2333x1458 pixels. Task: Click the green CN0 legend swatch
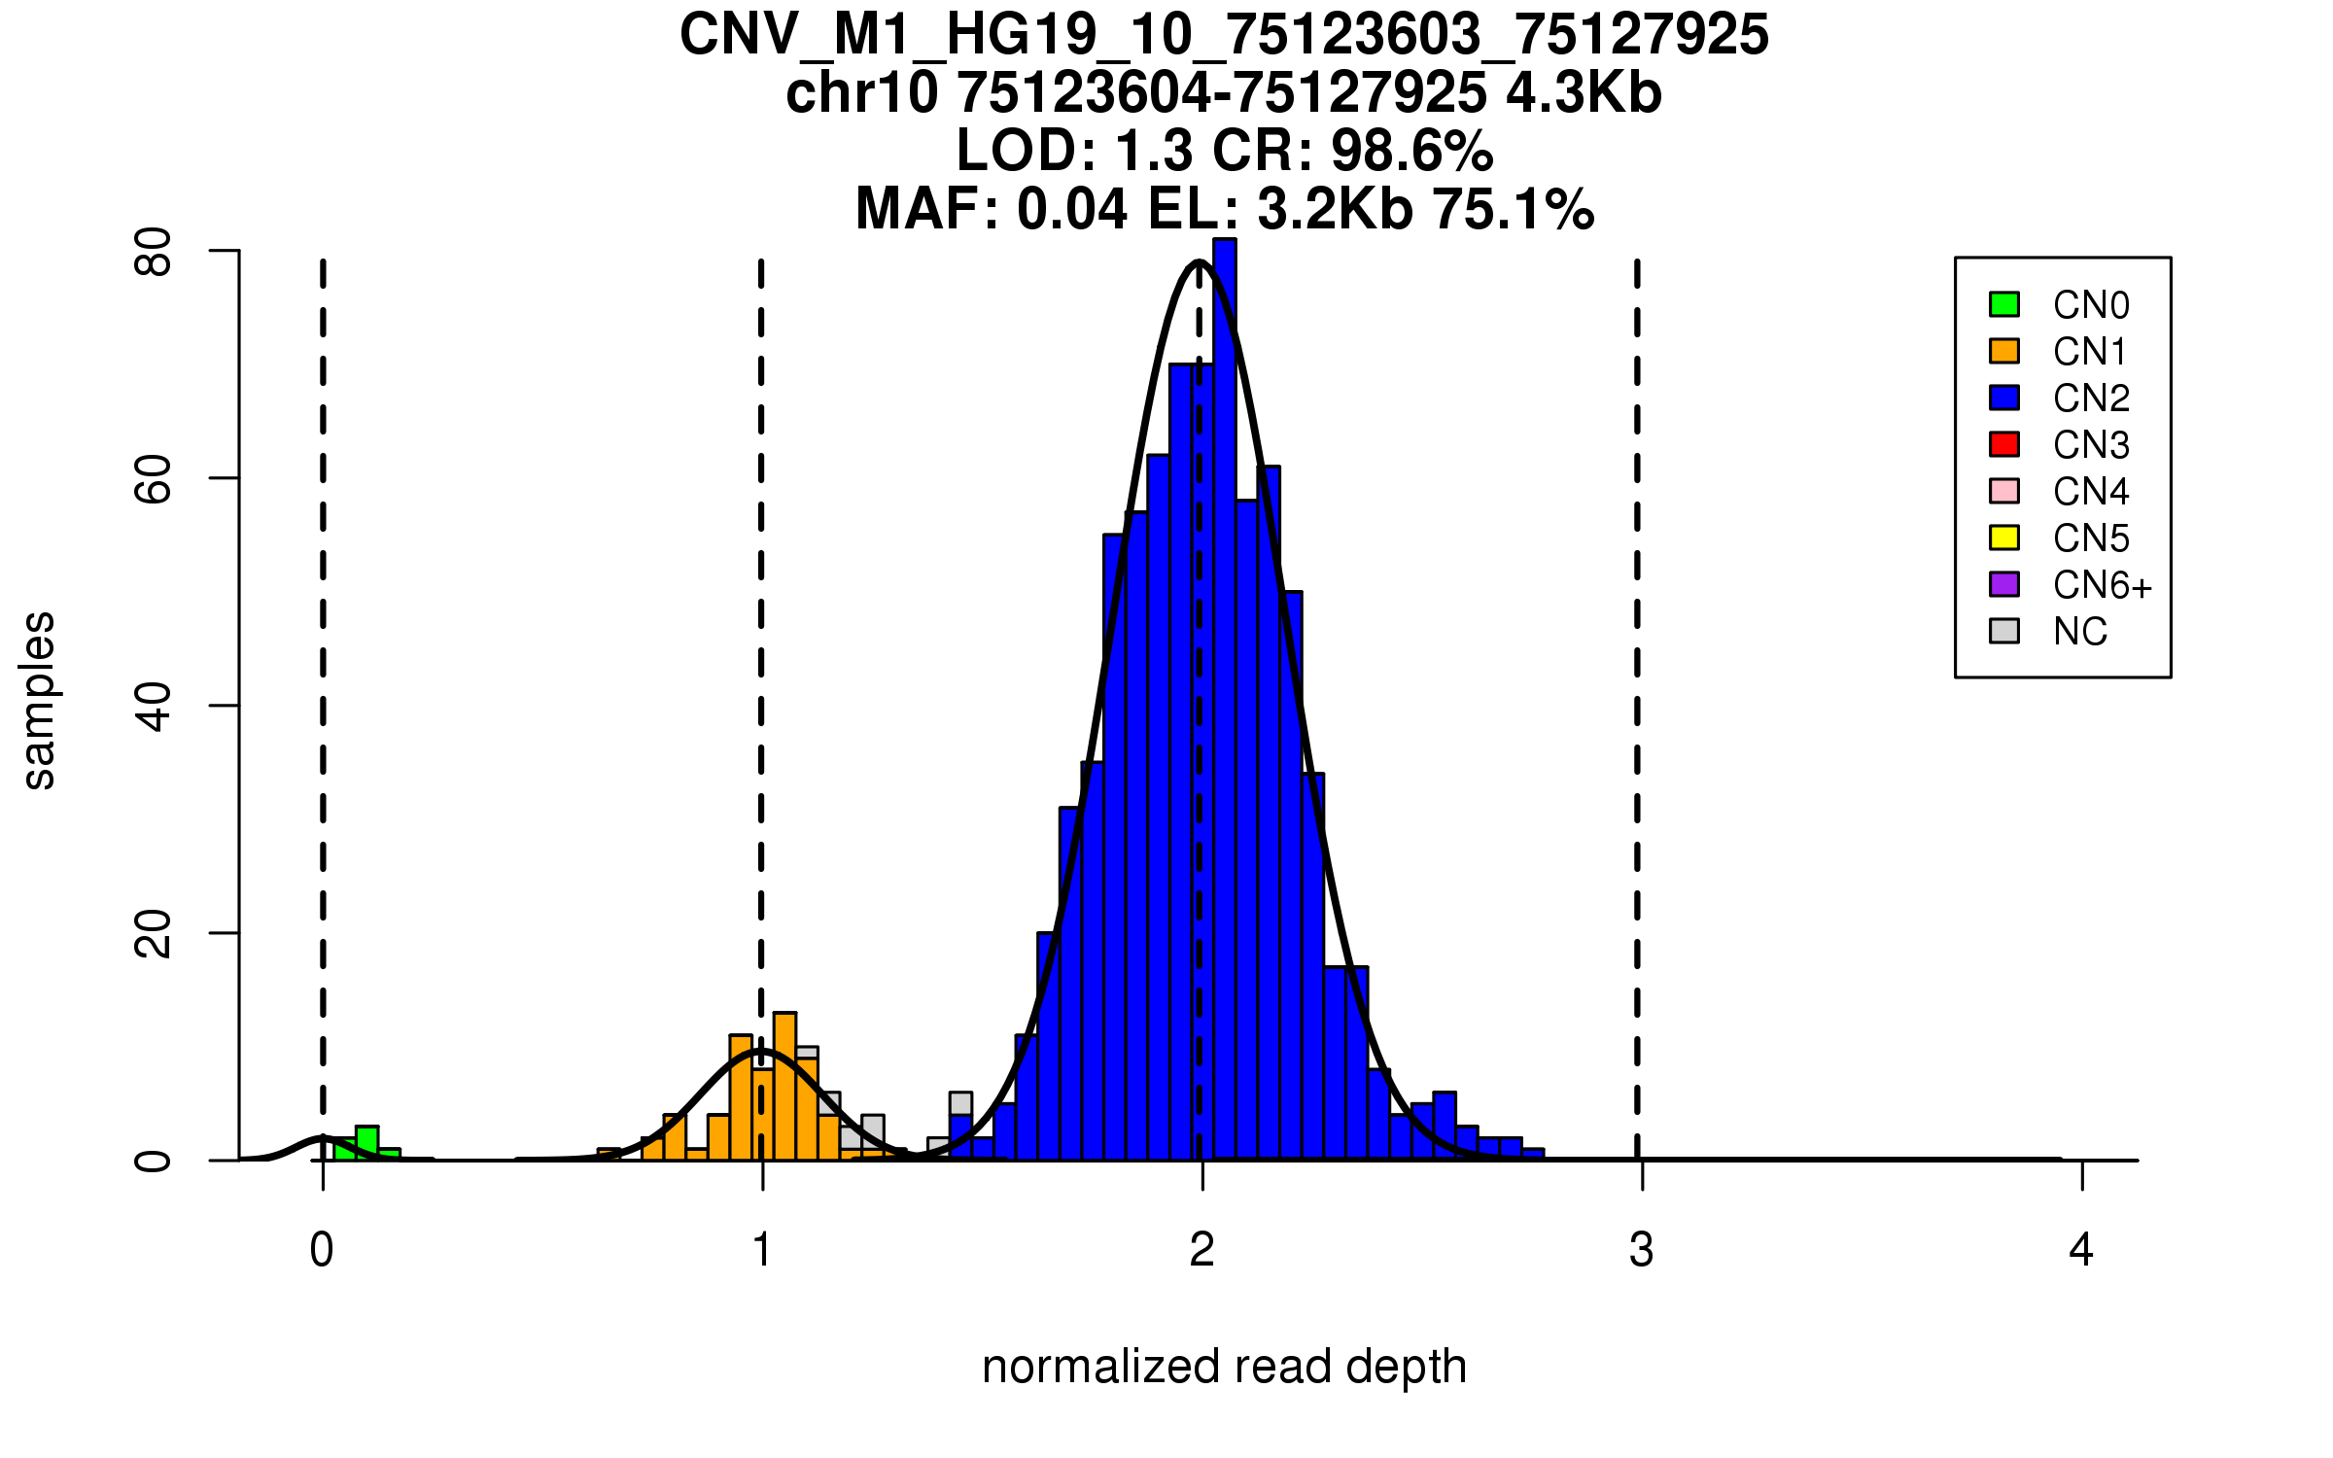click(x=2004, y=304)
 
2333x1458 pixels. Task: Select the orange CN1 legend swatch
click(x=2004, y=351)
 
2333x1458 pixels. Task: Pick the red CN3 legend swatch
click(x=2004, y=444)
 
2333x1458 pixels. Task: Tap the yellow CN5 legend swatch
click(x=2004, y=538)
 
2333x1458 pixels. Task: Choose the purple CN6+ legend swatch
click(x=2004, y=584)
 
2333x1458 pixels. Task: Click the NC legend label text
click(x=2079, y=632)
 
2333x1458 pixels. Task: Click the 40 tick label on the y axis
click(x=153, y=706)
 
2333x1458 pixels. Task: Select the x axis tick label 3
click(x=1642, y=1250)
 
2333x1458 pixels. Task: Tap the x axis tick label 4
click(x=2081, y=1250)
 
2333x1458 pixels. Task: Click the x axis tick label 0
click(x=322, y=1250)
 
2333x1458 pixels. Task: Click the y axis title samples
click(x=39, y=700)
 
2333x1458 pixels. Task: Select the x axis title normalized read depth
click(x=1224, y=1367)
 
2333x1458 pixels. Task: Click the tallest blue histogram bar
click(x=1225, y=680)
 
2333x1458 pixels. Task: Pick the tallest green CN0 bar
click(x=366, y=1143)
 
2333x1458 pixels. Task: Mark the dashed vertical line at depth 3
click(x=1638, y=680)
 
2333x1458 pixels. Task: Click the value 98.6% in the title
click(x=1411, y=152)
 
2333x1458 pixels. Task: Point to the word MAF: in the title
click(x=927, y=210)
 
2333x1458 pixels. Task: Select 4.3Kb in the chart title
click(x=1584, y=93)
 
